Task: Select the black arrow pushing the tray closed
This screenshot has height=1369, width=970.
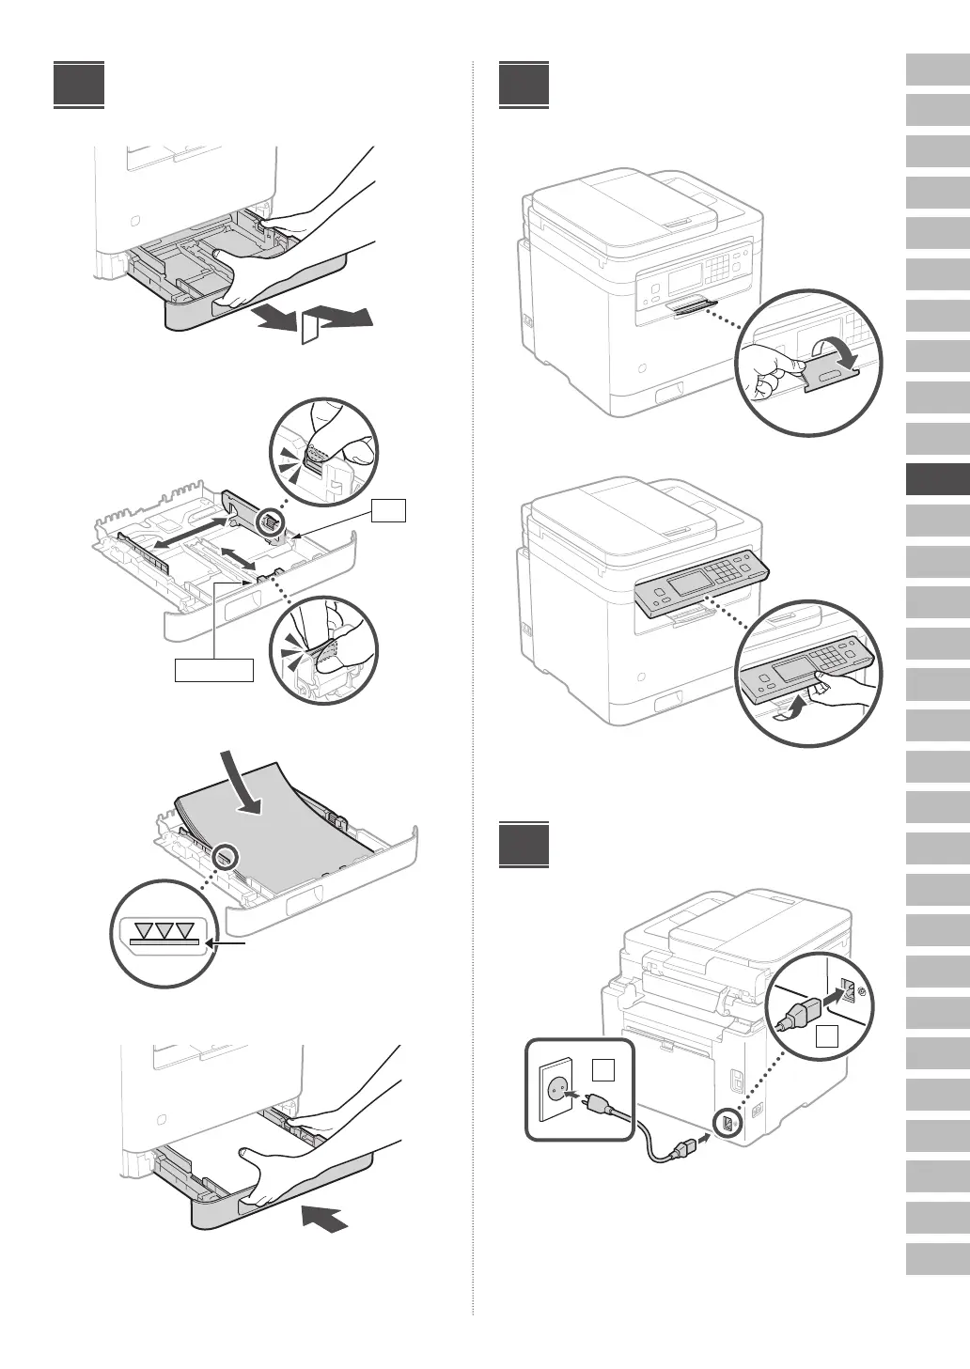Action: tap(325, 1218)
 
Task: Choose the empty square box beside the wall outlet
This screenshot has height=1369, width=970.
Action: tap(603, 1069)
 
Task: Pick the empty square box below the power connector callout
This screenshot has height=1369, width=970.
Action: tap(826, 1036)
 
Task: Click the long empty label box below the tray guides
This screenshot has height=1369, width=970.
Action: tap(214, 670)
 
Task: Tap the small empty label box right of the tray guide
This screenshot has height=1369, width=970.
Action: tap(388, 510)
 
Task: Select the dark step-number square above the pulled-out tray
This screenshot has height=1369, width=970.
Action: tap(79, 86)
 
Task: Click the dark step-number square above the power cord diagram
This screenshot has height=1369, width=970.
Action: tap(524, 845)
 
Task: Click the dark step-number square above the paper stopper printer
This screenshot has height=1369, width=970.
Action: tap(524, 86)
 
